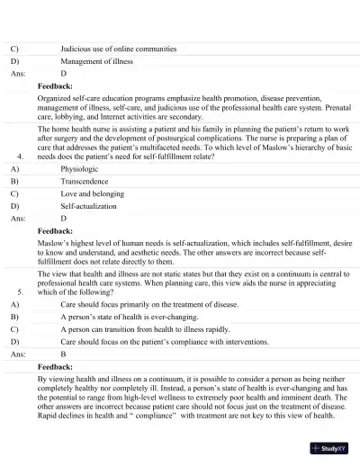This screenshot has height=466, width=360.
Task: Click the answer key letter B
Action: coord(63,354)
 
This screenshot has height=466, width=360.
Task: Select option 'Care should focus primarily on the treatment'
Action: coord(149,305)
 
